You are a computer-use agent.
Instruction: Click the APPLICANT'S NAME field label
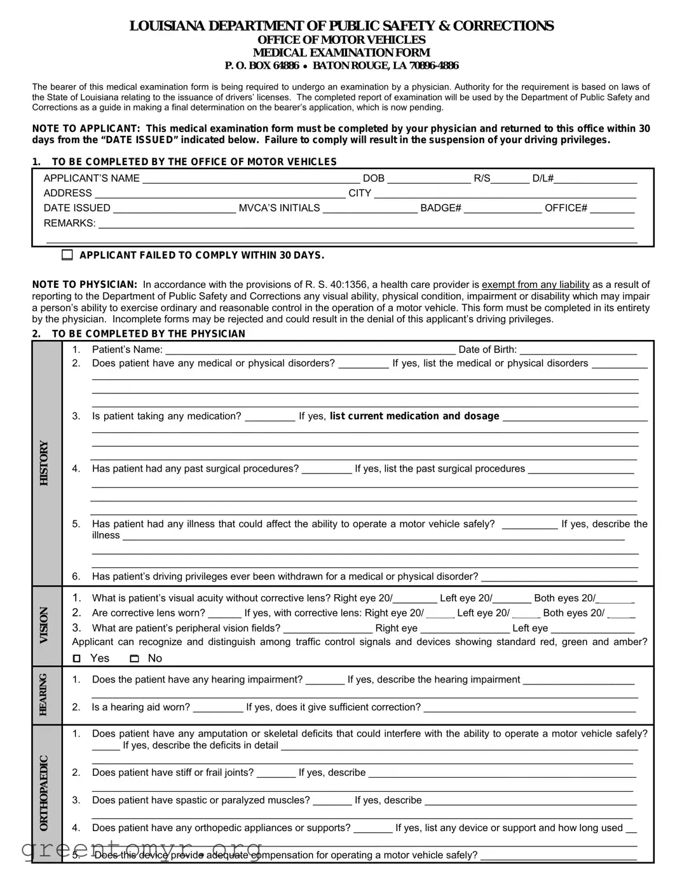click(x=92, y=179)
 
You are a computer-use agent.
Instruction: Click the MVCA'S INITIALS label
click(x=279, y=208)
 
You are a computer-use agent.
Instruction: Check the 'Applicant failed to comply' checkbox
click(x=67, y=255)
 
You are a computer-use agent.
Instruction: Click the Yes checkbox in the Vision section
click(x=77, y=659)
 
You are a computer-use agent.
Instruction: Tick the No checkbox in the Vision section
click(x=134, y=659)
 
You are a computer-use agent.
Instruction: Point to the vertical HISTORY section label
click(x=44, y=463)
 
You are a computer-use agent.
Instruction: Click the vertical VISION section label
click(x=44, y=625)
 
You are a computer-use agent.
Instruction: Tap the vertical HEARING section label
click(x=44, y=695)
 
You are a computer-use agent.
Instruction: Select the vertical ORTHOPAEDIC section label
click(x=44, y=792)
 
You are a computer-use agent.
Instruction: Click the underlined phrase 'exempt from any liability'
click(x=535, y=285)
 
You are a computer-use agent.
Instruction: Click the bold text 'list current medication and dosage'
click(x=414, y=416)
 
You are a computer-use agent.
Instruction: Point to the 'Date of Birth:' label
click(x=488, y=349)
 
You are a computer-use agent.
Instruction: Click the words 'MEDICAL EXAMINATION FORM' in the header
click(x=341, y=53)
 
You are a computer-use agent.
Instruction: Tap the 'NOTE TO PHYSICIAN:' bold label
click(x=85, y=285)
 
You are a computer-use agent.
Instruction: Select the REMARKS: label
click(x=69, y=224)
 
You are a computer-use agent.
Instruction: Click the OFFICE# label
click(x=566, y=208)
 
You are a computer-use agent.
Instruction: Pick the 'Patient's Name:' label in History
click(x=127, y=349)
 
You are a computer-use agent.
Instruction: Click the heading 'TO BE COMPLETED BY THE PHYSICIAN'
click(x=148, y=334)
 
